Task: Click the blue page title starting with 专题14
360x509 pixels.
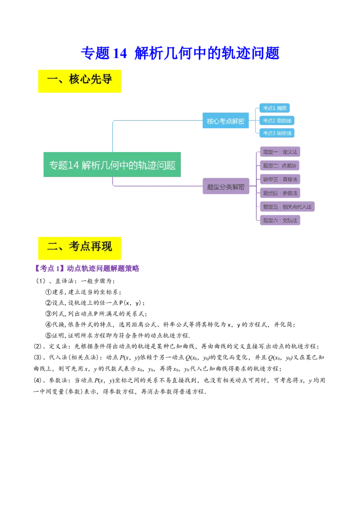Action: pyautogui.click(x=180, y=53)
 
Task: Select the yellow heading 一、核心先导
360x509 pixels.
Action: pyautogui.click(x=79, y=80)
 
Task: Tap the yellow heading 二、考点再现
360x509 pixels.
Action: pyautogui.click(x=79, y=247)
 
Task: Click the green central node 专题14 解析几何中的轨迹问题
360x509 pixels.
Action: pyautogui.click(x=113, y=165)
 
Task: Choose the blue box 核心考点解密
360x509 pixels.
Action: pyautogui.click(x=225, y=121)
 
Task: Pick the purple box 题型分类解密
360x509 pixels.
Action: pyautogui.click(x=225, y=187)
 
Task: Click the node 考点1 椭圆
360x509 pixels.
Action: pyautogui.click(x=275, y=108)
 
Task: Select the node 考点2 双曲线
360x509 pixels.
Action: pyautogui.click(x=277, y=121)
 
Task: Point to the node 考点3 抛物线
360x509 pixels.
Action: pyautogui.click(x=277, y=134)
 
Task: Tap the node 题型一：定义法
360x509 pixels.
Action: pyautogui.click(x=280, y=152)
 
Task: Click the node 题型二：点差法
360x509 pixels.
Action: pyautogui.click(x=280, y=165)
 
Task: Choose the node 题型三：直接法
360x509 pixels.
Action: pyautogui.click(x=280, y=179)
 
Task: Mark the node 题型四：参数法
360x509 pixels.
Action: pyautogui.click(x=280, y=193)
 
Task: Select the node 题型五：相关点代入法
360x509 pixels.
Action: pyautogui.click(x=288, y=206)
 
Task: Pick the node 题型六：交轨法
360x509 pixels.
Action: pyautogui.click(x=280, y=220)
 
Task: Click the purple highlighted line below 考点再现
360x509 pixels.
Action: pyautogui.click(x=87, y=268)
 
